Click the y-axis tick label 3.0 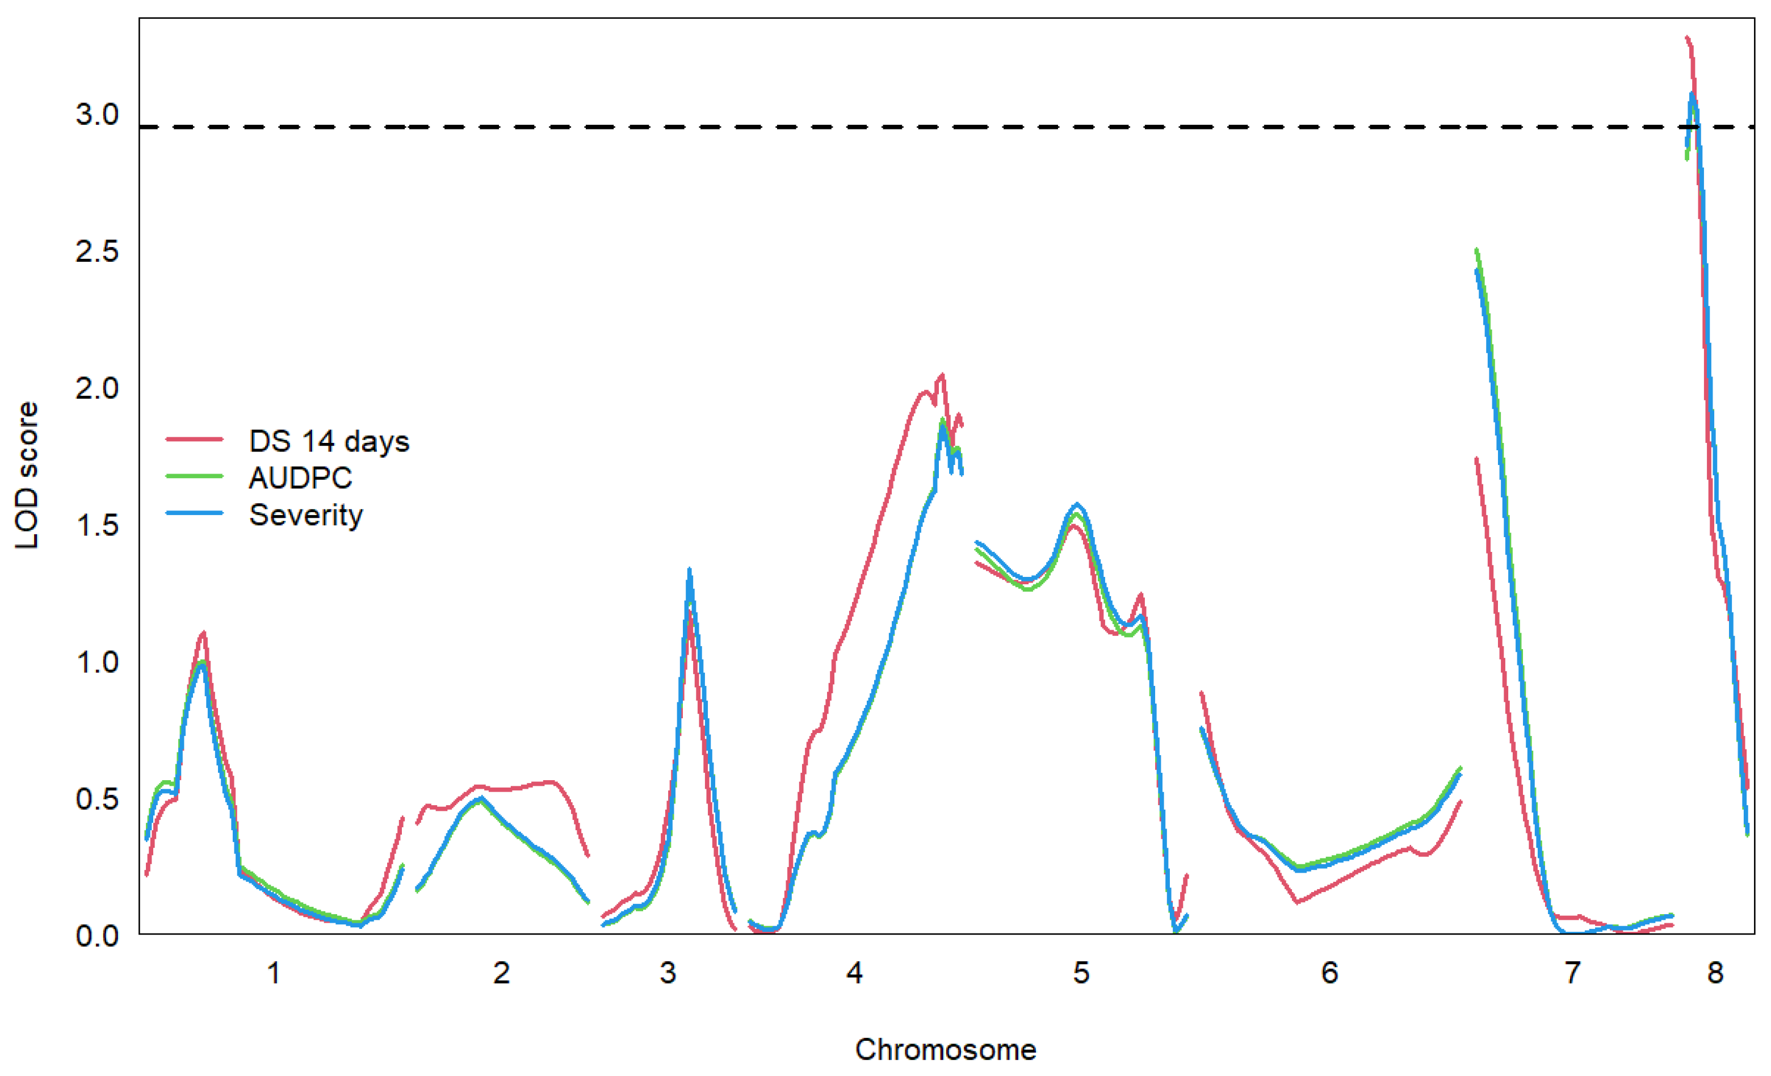pos(97,114)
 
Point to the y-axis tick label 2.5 pos(97,251)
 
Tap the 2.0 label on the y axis pos(97,388)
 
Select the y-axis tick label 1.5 pos(97,525)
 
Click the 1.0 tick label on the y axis pos(97,662)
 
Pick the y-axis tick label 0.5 pos(97,798)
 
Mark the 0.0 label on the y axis pos(97,936)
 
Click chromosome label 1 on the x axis pos(273,973)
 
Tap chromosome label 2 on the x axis pos(502,973)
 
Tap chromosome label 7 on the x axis pos(1573,973)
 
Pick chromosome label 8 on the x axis pos(1715,973)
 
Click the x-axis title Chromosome pos(945,1050)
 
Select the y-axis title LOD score pos(27,475)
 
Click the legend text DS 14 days pos(329,441)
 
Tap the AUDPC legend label pos(300,478)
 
